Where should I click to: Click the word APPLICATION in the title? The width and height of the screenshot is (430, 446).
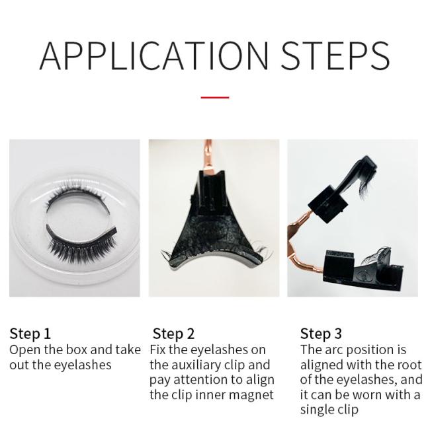pos(154,56)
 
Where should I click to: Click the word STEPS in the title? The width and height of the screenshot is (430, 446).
pos(335,56)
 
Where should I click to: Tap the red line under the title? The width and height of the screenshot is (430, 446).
pos(215,98)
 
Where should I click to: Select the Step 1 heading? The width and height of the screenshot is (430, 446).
pos(30,334)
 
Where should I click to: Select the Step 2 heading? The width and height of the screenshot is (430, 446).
pos(173,334)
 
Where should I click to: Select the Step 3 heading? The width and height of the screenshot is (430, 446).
pos(321,334)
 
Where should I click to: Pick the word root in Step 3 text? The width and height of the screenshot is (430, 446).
pos(409,365)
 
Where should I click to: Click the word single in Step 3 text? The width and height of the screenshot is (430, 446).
pos(318,410)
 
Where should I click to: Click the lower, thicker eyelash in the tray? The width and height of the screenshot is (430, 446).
pos(82,242)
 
